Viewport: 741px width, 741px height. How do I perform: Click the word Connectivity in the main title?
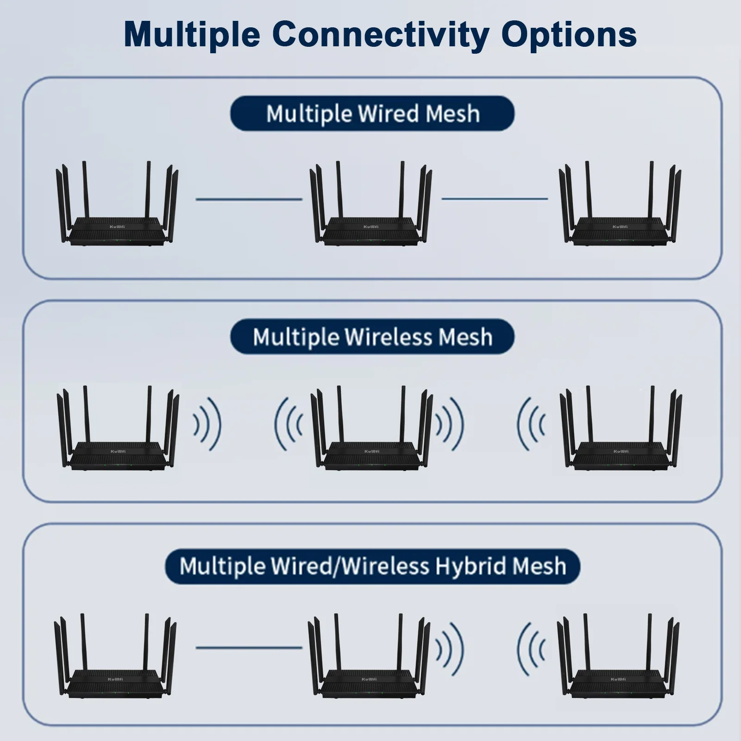380,34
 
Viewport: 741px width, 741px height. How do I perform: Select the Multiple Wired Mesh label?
373,113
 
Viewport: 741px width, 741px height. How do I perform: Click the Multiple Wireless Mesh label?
373,337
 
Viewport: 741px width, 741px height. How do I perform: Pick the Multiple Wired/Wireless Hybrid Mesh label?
373,566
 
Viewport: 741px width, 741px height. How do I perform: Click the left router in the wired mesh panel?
117,203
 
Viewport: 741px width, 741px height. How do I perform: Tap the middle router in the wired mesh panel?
370,203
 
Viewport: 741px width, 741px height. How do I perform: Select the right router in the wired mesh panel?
620,203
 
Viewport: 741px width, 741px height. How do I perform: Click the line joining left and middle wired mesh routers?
249,199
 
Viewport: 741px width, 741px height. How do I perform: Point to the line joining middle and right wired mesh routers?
495,199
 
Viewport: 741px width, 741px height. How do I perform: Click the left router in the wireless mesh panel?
118,428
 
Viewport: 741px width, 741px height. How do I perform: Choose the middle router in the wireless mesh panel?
371,428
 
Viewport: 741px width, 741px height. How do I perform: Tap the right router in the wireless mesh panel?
621,428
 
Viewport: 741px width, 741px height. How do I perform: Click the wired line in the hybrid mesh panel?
249,647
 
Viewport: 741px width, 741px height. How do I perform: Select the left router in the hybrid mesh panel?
115,656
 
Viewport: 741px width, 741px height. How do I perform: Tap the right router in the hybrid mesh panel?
618,656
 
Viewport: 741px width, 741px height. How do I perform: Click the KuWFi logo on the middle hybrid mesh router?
369,679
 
